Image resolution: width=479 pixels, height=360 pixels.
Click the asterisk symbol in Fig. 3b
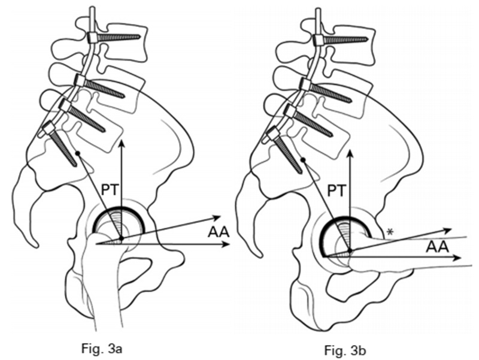(390, 232)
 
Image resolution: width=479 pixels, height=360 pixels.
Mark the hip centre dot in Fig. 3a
(121, 238)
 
